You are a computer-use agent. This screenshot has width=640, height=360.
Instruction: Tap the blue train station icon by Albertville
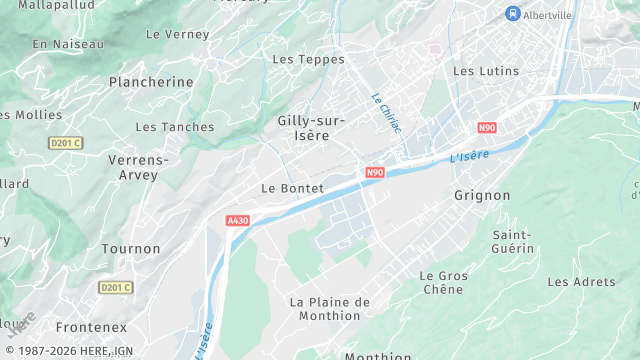[513, 13]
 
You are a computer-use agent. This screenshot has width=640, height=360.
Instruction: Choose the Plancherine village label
[151, 81]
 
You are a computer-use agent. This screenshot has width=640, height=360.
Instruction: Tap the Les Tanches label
[174, 127]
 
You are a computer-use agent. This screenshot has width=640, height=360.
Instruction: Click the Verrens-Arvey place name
[138, 168]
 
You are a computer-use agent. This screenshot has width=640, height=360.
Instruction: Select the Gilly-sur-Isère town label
[311, 128]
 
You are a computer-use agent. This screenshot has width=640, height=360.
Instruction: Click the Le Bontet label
[292, 188]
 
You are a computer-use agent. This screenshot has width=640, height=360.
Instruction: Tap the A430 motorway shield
[237, 220]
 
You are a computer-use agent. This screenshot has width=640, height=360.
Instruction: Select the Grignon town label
[482, 195]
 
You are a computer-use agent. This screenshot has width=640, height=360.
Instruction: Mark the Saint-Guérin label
[511, 241]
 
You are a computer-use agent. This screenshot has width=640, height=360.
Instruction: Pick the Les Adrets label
[582, 282]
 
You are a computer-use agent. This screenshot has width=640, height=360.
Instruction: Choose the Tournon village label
[130, 248]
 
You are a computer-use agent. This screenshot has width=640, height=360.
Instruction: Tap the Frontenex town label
[91, 327]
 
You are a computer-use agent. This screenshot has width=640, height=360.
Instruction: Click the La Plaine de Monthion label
[329, 309]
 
